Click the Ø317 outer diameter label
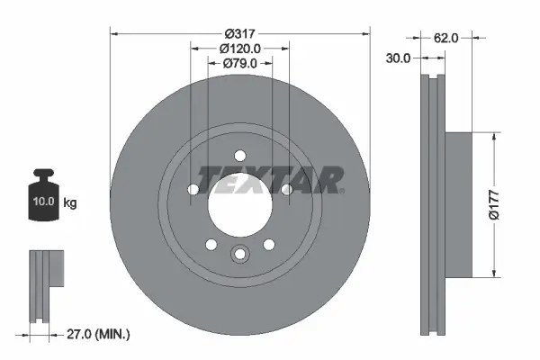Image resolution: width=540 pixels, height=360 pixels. pyautogui.click(x=238, y=33)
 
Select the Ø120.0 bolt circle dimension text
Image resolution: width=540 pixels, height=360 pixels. pyautogui.click(x=239, y=49)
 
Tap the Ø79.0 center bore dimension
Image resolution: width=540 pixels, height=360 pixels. pyautogui.click(x=240, y=63)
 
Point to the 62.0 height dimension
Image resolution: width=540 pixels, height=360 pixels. pyautogui.click(x=446, y=38)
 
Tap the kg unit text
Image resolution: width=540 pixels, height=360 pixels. pyautogui.click(x=70, y=203)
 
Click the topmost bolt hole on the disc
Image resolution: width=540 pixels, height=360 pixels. pyautogui.click(x=239, y=154)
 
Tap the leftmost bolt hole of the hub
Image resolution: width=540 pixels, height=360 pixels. pyautogui.click(x=193, y=189)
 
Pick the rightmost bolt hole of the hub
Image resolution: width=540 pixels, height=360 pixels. pyautogui.click(x=286, y=189)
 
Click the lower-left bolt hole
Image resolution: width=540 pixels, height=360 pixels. pyautogui.click(x=211, y=244)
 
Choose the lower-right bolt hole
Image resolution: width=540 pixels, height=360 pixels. pyautogui.click(x=268, y=244)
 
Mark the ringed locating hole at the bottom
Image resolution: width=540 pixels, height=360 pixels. pyautogui.click(x=239, y=255)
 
